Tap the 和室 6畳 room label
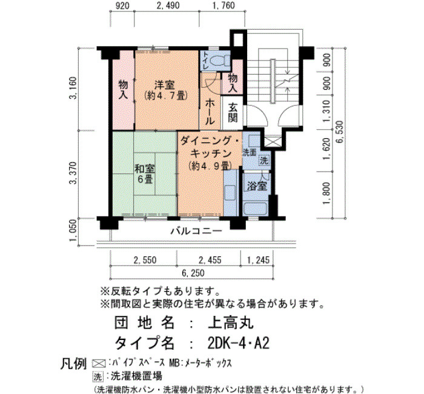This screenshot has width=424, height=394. coord(145,174)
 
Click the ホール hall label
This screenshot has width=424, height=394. coord(210,112)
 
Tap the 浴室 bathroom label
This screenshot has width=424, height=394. coord(257,186)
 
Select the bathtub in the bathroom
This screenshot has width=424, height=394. coord(256,209)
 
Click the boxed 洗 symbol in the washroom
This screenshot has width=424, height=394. coord(264,161)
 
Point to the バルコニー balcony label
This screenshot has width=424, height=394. coord(197,231)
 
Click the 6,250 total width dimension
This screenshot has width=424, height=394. coord(193,273)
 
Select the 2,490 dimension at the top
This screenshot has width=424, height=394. coord(168,5)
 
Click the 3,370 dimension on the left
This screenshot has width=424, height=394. coord(73,173)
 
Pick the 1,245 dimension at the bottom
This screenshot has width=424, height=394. coord(258,260)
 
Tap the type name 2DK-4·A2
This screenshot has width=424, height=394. coord(239,344)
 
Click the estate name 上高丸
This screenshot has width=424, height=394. coord(231,322)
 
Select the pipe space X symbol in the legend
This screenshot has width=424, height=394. coord(99,363)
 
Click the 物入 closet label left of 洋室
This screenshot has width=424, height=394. coord(124,90)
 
